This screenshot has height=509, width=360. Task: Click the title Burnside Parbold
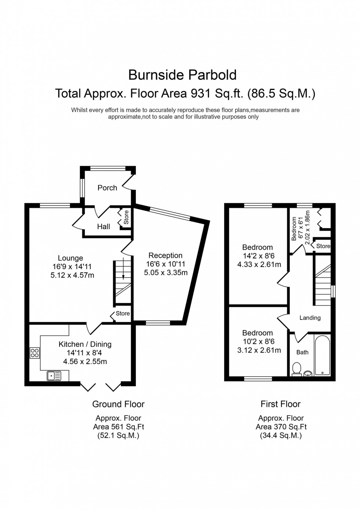[182, 75]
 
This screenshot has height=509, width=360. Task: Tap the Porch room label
[107, 188]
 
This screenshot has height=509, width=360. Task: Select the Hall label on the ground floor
[103, 227]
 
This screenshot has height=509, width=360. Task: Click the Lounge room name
[70, 258]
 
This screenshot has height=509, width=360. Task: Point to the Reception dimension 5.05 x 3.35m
[166, 272]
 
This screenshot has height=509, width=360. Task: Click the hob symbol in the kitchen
[35, 353]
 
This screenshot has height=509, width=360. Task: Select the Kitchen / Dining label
[85, 344]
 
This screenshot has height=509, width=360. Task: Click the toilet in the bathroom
[296, 368]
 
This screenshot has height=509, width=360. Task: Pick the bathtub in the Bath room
[323, 355]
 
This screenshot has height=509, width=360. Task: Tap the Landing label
[310, 318]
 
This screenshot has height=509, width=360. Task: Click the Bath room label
[302, 352]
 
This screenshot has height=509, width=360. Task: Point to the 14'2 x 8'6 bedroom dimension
[259, 256]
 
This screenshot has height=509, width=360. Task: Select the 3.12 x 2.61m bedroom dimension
[259, 350]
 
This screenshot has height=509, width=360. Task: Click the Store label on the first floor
[323, 246]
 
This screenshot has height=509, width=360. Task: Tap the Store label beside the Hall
[126, 217]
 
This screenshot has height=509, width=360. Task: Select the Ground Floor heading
[118, 404]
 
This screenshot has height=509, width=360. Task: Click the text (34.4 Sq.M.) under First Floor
[281, 436]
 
